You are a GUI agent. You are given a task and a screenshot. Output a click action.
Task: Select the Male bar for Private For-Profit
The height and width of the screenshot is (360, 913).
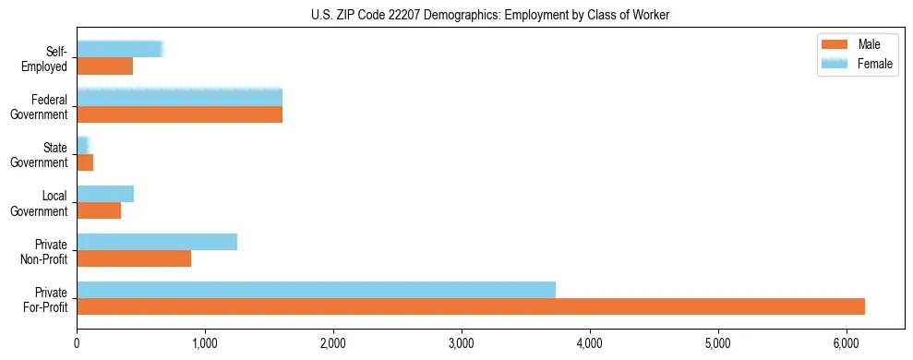click(x=471, y=306)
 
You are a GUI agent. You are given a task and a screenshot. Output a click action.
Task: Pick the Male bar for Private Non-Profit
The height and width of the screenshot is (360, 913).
click(x=134, y=258)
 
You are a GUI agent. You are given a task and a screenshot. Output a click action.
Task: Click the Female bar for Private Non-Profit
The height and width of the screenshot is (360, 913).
click(x=157, y=241)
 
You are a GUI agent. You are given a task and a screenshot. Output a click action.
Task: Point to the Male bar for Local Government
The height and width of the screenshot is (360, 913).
click(x=99, y=210)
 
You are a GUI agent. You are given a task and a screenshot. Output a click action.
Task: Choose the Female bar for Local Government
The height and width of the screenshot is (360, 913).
click(x=105, y=193)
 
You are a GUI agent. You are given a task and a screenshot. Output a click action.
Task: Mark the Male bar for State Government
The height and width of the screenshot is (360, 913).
click(x=85, y=162)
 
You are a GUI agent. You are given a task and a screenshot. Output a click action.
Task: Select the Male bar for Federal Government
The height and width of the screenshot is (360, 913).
click(x=179, y=114)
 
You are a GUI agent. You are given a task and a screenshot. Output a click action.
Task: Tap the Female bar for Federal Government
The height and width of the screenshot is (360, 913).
click(x=179, y=97)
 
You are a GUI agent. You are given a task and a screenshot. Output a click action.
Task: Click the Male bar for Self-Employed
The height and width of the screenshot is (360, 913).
click(x=104, y=66)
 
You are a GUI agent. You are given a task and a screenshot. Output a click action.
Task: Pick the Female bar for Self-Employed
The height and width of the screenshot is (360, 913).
click(x=120, y=49)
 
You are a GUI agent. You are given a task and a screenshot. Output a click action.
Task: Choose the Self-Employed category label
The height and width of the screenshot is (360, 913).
click(x=50, y=57)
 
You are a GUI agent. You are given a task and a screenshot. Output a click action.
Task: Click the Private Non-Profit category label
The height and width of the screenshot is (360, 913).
click(x=50, y=250)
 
